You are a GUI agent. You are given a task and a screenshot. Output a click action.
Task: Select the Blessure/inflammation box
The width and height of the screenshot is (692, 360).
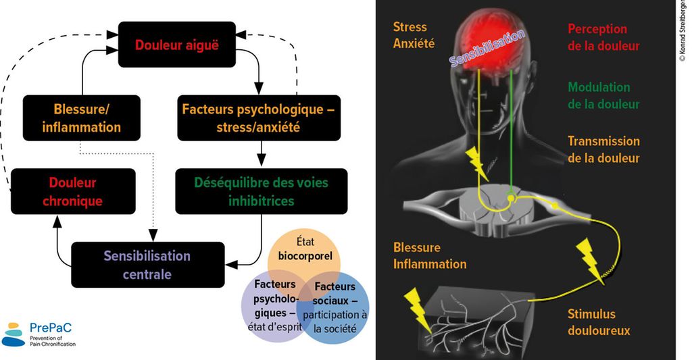point(82,118)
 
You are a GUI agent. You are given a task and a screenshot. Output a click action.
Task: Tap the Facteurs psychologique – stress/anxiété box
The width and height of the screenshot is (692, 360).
point(258,118)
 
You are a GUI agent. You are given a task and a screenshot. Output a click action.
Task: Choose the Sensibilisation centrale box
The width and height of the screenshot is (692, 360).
point(147,265)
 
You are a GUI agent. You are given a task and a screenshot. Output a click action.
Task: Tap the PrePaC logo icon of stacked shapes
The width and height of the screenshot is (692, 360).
point(14,334)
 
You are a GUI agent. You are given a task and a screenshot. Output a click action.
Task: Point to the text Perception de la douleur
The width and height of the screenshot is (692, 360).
point(603,37)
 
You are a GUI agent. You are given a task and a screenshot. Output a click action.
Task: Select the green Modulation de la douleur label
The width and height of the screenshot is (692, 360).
point(603,96)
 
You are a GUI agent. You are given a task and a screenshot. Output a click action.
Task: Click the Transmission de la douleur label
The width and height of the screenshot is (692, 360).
point(603,150)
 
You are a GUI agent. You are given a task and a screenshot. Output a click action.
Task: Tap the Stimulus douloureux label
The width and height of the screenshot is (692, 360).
point(599,322)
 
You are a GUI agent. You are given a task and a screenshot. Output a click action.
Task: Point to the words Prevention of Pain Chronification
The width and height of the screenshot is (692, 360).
point(53,340)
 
